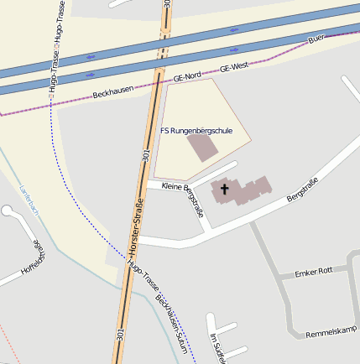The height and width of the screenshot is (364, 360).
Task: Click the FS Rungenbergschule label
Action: click(x=196, y=131)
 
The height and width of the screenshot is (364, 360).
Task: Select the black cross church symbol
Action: click(x=224, y=190)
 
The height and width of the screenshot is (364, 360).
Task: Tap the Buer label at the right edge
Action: click(x=316, y=39)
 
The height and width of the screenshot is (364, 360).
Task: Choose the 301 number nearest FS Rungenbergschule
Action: click(x=146, y=154)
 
